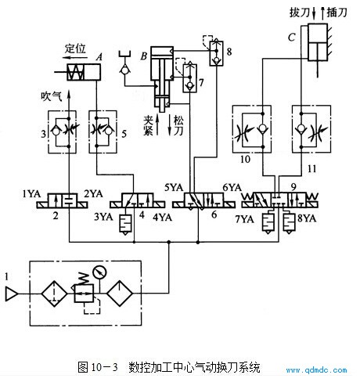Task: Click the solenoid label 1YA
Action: point(31,193)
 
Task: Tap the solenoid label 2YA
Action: point(93,193)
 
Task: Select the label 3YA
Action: point(103,217)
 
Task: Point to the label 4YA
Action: point(162,217)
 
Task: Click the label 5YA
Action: point(174,187)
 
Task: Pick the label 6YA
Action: point(232,187)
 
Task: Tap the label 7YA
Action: point(245,219)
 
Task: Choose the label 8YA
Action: point(307,218)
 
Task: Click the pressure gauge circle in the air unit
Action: point(100,272)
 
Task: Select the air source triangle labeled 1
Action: point(12,294)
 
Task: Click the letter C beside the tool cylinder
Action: point(292,38)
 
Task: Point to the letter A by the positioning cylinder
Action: point(99,57)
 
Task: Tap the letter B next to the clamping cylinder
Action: point(144,56)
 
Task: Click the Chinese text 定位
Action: point(75,49)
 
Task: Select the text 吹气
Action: point(52,96)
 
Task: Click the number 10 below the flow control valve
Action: point(245,159)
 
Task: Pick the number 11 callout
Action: point(312,169)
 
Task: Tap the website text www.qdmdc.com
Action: point(316,369)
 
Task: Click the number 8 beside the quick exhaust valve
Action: point(229,52)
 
